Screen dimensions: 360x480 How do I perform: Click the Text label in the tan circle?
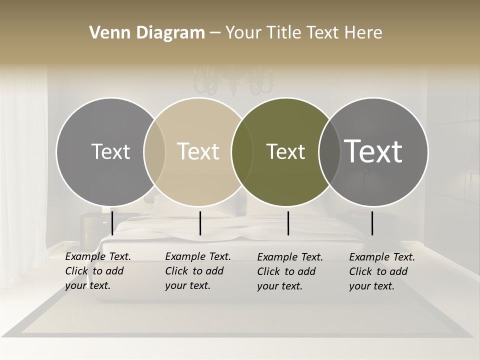pos(198,151)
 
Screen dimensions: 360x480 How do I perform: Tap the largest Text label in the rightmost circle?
pos(373,151)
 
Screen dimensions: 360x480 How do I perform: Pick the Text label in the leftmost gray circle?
pos(110,151)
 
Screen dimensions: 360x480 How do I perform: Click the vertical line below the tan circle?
pos(200,223)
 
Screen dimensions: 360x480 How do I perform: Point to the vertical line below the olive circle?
pos(288,223)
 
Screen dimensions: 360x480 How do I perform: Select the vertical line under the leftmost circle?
pos(112,223)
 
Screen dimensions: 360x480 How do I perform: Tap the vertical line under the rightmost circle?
pos(372,223)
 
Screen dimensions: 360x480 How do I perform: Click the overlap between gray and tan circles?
pos(154,151)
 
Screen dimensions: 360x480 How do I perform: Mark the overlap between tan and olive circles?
pos(242,151)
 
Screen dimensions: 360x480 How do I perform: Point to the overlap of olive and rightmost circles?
pos(328,151)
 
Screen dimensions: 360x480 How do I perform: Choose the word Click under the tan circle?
pos(176,271)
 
